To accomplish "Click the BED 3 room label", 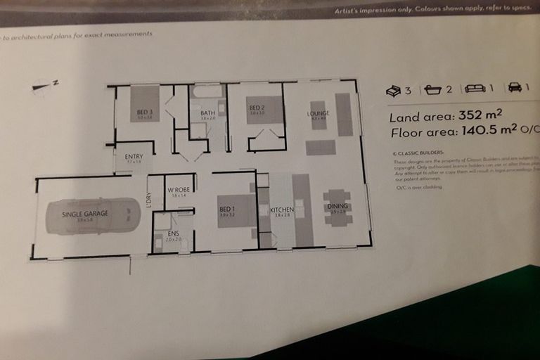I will (144, 112).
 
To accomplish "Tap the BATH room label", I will (207, 113).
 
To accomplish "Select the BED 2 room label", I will (256, 109).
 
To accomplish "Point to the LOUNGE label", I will (318, 113).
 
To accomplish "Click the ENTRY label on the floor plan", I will (134, 157).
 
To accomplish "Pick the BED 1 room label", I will (226, 209).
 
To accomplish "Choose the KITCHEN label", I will (281, 210).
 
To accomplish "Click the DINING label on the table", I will (337, 206).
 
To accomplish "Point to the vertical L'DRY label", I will (148, 200).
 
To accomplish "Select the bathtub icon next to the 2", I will (432, 89).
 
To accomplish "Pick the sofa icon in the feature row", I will (475, 88).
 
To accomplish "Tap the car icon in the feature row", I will (515, 88).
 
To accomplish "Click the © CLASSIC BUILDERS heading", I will (422, 152).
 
